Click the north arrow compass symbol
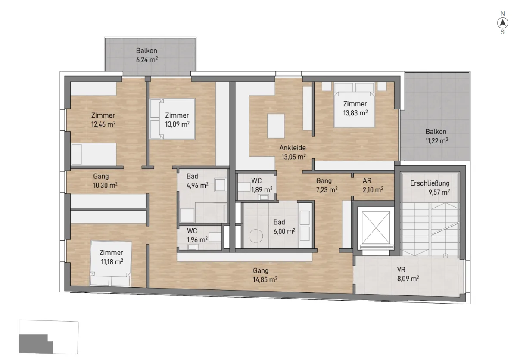[x=502, y=23]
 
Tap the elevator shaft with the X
[x=376, y=228]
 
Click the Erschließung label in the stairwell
[x=430, y=183]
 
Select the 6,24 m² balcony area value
[x=147, y=60]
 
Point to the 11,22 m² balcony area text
[x=437, y=141]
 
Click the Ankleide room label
[x=293, y=148]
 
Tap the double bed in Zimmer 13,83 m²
[x=354, y=105]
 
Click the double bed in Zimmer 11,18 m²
[x=111, y=264]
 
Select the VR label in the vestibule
[x=401, y=270]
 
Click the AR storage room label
[x=367, y=180]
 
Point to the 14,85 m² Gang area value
[x=265, y=280]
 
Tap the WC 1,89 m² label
[x=262, y=185]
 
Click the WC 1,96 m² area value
[x=197, y=240]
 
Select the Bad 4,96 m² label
[x=197, y=181]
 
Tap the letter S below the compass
[x=502, y=32]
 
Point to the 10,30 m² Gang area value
[x=105, y=186]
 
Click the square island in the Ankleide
[x=276, y=126]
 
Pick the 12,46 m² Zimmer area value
[x=103, y=124]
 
